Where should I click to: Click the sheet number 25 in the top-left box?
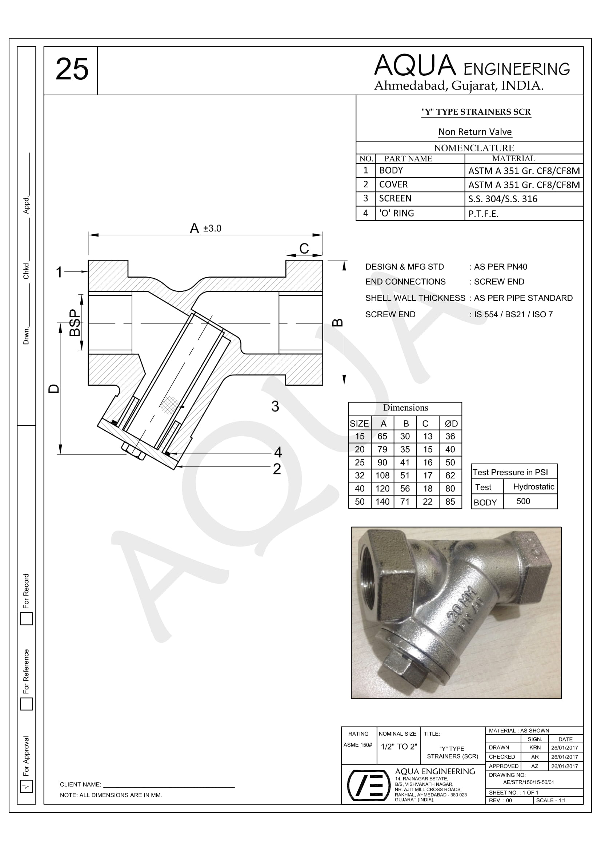(72, 69)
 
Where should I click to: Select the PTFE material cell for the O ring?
(483, 214)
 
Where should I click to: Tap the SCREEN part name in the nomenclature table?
(395, 199)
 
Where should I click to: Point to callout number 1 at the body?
(59, 272)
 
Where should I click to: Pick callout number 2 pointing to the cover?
(277, 469)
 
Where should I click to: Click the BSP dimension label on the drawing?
(75, 322)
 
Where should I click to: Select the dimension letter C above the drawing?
(304, 248)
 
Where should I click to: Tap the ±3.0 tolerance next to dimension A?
(212, 228)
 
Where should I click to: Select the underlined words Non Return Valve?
(475, 132)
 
